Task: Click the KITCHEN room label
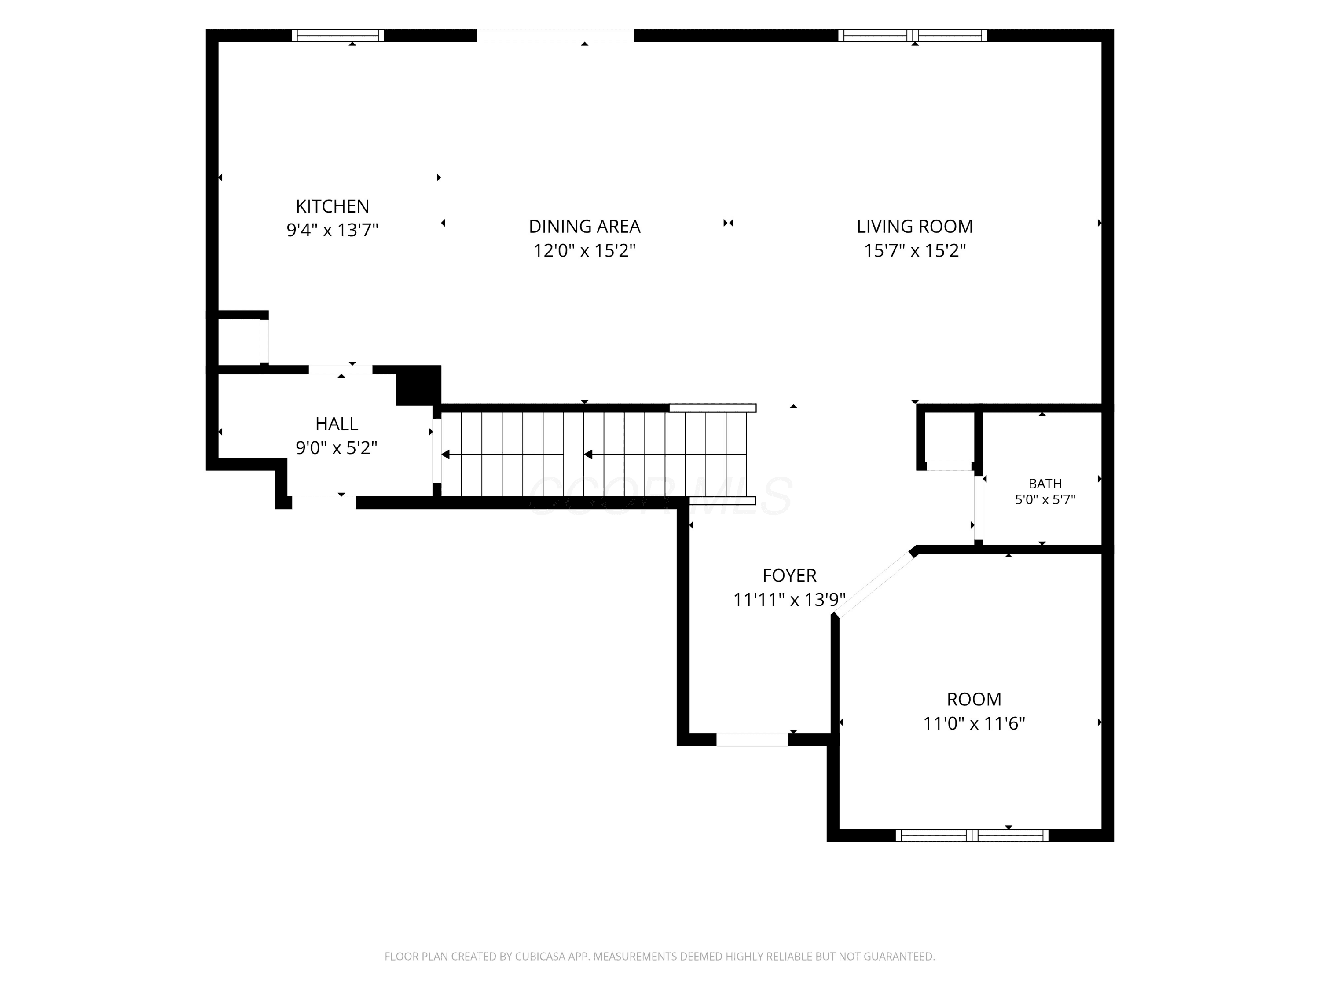point(332,206)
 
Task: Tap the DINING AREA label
point(584,227)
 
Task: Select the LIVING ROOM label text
point(915,227)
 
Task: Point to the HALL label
point(337,424)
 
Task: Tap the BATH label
point(1045,484)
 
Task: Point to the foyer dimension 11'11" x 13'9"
point(789,599)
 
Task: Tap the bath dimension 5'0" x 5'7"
point(1045,499)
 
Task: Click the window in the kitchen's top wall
point(338,36)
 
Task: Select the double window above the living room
point(913,36)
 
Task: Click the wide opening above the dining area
point(556,36)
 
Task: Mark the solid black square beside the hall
point(418,385)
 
